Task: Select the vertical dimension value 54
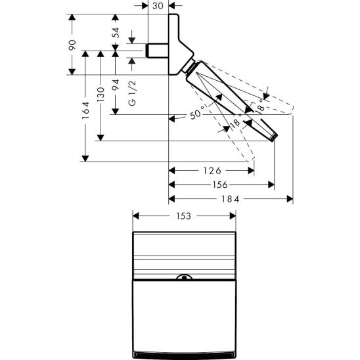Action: (x=116, y=34)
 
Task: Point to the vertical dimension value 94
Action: (x=116, y=85)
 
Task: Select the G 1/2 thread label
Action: (x=132, y=95)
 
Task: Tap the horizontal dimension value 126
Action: (x=211, y=171)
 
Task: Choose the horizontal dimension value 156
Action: (x=221, y=185)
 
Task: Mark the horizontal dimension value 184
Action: (x=231, y=200)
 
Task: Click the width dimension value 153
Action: (x=183, y=216)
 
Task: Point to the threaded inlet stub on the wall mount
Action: (x=156, y=51)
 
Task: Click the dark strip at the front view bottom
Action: (x=184, y=355)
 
